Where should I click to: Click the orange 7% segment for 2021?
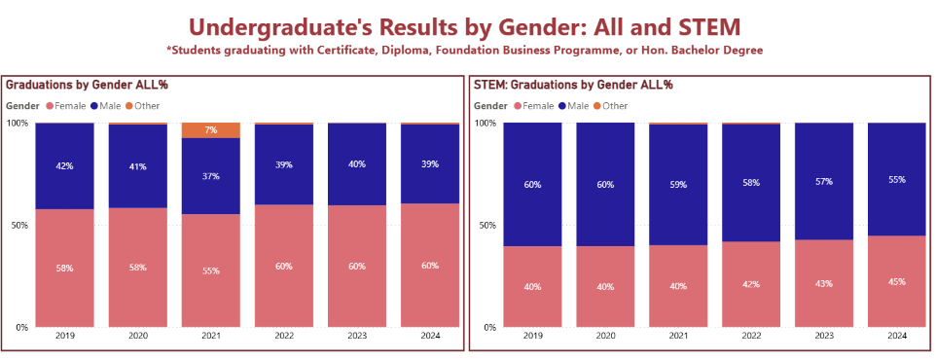coord(210,130)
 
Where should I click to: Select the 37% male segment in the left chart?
coord(210,176)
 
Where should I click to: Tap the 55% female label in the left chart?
coord(210,270)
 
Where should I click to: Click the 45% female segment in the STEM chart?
coord(896,281)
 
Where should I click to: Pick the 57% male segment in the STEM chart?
coord(823,181)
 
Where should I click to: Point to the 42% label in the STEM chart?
coord(750,285)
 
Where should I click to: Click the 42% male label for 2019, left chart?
coord(64,166)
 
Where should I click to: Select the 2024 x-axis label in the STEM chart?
coord(896,336)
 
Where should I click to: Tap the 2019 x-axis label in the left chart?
coord(64,336)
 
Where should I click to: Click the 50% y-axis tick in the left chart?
coord(18,225)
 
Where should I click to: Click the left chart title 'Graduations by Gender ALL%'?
coord(87,86)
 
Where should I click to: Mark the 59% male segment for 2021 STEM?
coord(677,184)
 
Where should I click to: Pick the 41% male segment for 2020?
coord(137,166)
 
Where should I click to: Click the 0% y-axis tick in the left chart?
coord(20,327)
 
